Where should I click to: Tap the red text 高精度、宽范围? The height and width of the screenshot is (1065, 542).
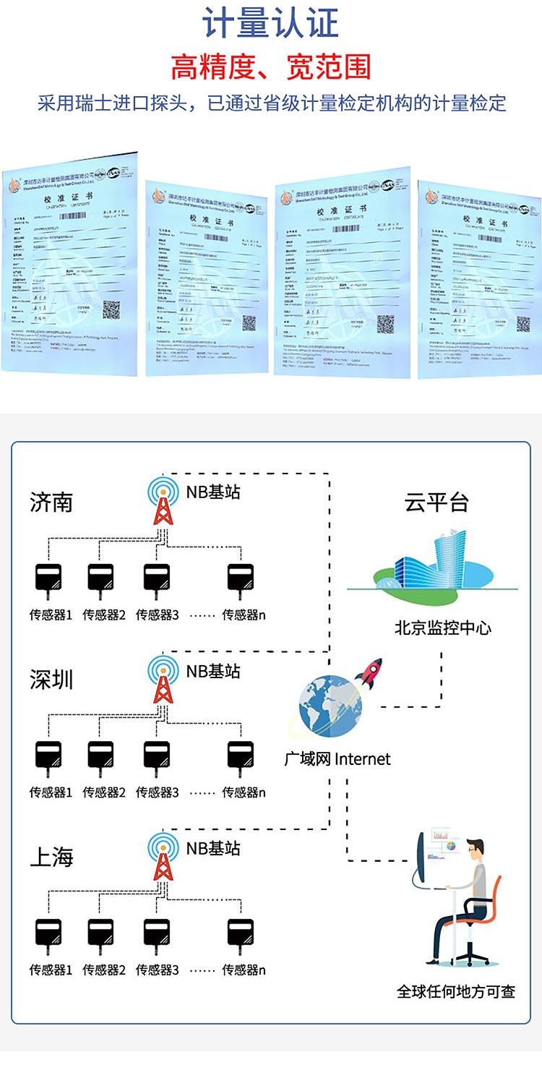coord(270,67)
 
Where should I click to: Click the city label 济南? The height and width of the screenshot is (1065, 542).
coord(51,502)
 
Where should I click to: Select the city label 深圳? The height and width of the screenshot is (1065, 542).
coord(51,680)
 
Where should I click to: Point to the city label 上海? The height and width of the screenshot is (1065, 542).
coord(51,857)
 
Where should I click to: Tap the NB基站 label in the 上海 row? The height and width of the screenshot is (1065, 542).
coord(213,848)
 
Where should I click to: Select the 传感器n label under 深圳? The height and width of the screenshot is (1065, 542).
coord(244,792)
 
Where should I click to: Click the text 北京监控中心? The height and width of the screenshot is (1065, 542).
coord(442,628)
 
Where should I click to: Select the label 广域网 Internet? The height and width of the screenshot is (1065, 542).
coord(337,759)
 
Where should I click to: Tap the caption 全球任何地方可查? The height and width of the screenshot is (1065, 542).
coord(456,991)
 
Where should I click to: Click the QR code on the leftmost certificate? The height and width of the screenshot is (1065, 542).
coord(111,310)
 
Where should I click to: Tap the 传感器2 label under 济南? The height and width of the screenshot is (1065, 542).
coord(104,615)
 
